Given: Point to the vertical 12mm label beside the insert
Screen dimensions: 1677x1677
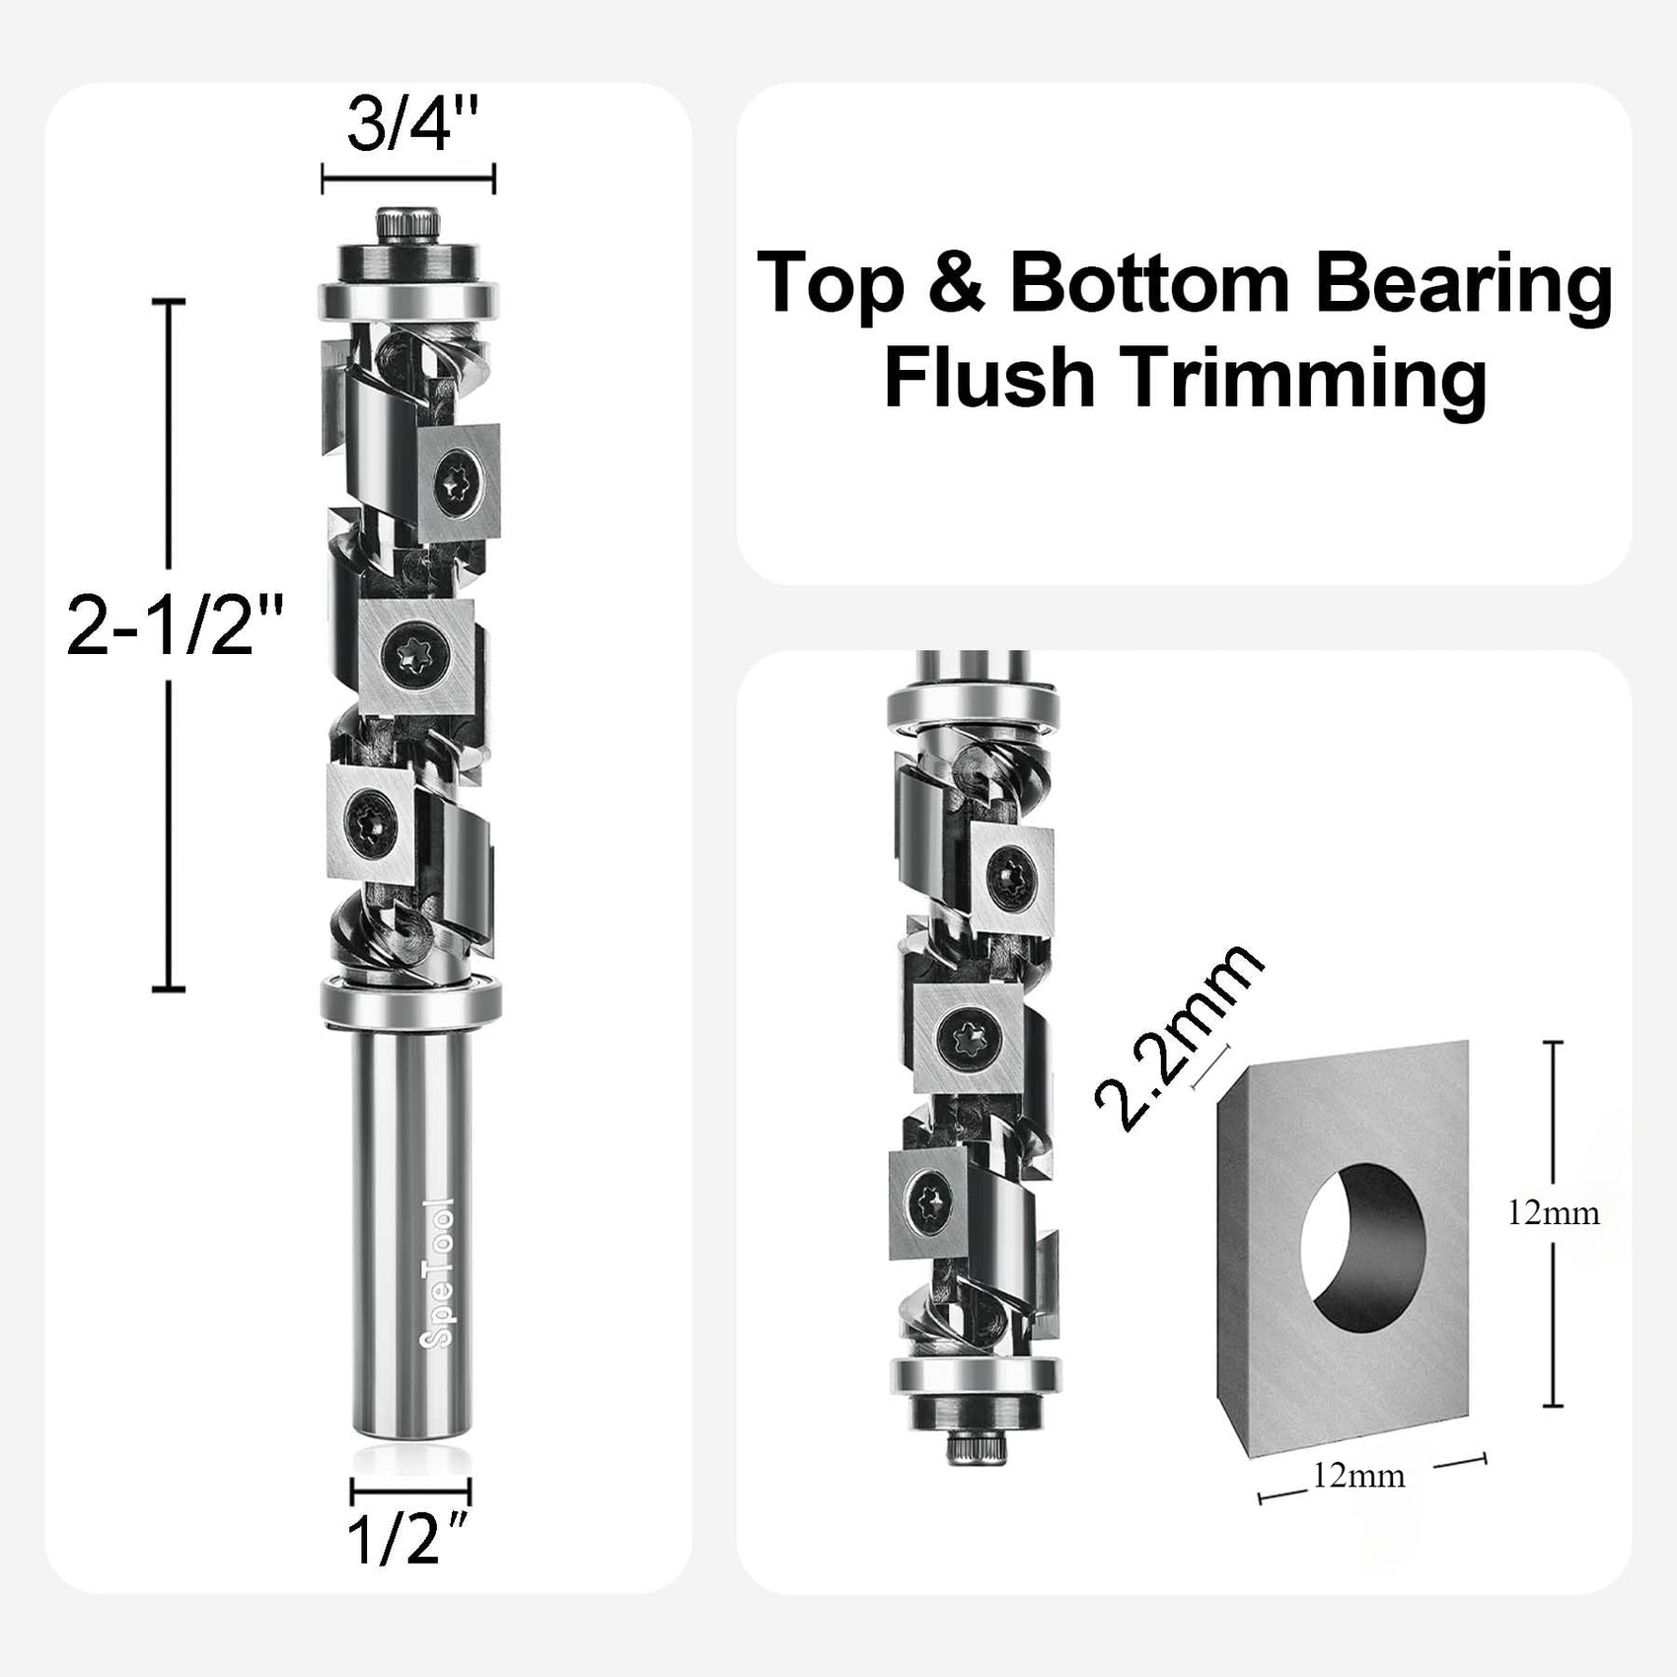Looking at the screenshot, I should click(1553, 1212).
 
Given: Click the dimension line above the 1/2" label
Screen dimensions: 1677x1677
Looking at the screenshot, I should click(410, 1491).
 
